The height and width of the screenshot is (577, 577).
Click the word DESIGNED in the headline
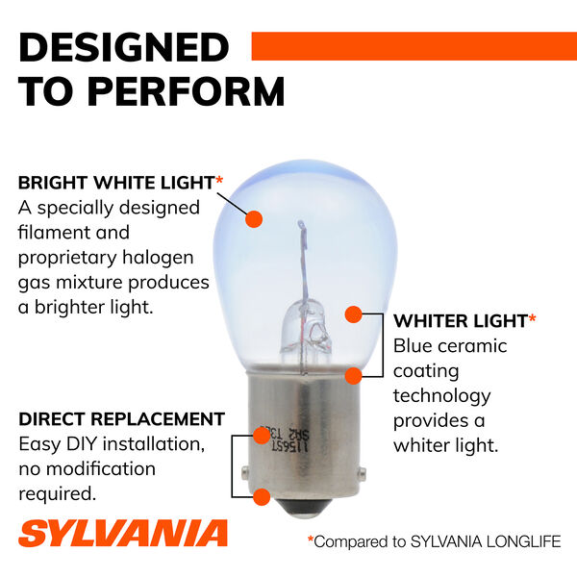point(124,47)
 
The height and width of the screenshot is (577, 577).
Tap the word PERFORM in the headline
point(187,91)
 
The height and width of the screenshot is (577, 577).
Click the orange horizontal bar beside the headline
point(414,46)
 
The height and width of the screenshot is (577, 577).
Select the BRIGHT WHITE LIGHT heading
point(116,183)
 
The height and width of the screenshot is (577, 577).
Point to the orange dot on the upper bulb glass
point(254,219)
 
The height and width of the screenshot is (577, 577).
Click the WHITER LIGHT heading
point(461,321)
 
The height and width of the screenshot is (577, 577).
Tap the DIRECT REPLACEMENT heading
point(122,419)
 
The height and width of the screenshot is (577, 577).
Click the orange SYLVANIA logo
point(123,533)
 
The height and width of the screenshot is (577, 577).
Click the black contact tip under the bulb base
point(304,508)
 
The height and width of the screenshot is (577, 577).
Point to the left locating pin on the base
point(245,473)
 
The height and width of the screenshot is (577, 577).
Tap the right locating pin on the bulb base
point(363,473)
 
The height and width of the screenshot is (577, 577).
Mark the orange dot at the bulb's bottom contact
point(262,497)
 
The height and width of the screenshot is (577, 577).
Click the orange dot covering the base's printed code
point(262,436)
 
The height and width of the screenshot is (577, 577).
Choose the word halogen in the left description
point(158,259)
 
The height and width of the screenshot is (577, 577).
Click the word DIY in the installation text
point(82,444)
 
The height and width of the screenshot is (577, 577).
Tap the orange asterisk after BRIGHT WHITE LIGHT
point(219,180)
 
